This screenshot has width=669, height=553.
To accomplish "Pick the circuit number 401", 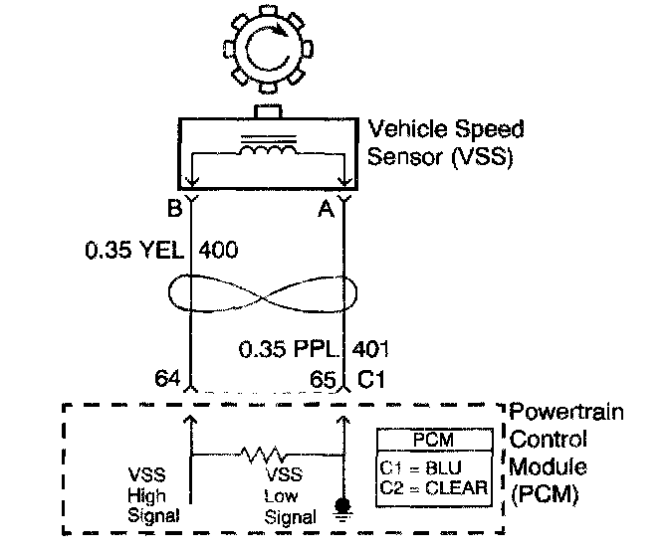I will click(x=369, y=350).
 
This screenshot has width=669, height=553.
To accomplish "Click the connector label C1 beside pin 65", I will click(x=370, y=379).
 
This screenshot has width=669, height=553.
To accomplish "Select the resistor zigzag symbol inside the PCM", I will click(x=264, y=455).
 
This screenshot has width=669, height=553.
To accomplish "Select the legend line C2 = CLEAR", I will click(x=433, y=486).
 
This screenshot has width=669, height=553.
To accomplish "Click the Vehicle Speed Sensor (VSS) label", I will click(x=443, y=143).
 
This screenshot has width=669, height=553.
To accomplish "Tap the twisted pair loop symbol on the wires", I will click(x=263, y=295).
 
